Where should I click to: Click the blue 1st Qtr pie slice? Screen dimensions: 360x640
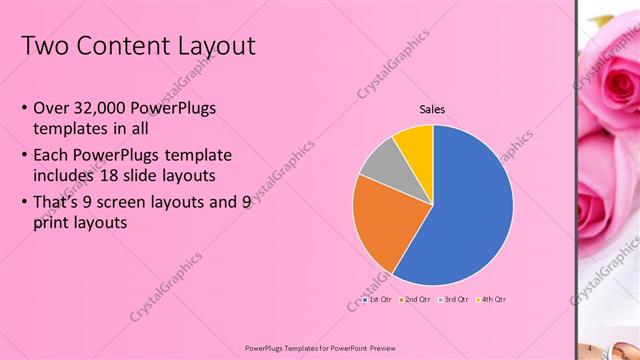tap(470, 210)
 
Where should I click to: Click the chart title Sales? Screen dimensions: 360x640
tap(432, 110)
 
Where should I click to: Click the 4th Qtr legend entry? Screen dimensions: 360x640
tap(493, 299)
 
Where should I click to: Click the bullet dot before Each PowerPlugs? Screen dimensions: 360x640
tap(25, 155)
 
